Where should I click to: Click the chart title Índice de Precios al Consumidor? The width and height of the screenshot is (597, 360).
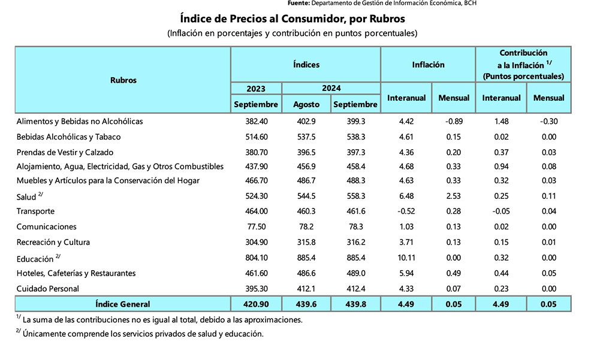(x=293, y=19)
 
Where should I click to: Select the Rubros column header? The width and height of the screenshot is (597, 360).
(x=123, y=80)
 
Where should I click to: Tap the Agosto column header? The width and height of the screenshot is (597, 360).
(x=306, y=104)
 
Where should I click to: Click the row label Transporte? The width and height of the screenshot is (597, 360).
(x=36, y=211)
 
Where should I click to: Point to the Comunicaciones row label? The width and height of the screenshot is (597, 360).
(x=47, y=227)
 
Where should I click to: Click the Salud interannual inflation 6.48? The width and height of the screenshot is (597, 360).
(x=406, y=196)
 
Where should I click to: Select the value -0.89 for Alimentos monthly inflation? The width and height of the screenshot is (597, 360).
(x=454, y=122)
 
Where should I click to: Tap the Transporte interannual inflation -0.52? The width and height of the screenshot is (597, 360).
(x=406, y=211)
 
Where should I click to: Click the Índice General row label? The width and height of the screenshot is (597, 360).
(x=123, y=304)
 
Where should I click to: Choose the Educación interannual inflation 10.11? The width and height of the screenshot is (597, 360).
(x=406, y=258)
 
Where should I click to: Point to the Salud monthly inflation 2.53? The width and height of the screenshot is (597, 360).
(x=454, y=196)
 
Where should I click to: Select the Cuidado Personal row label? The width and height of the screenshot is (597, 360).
(x=48, y=289)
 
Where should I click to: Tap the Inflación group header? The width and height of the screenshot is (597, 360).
(x=428, y=65)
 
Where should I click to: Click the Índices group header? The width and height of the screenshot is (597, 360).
(x=306, y=65)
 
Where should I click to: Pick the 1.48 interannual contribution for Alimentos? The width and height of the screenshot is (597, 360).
(x=501, y=122)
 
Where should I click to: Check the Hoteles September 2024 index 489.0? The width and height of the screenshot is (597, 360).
(x=355, y=274)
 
